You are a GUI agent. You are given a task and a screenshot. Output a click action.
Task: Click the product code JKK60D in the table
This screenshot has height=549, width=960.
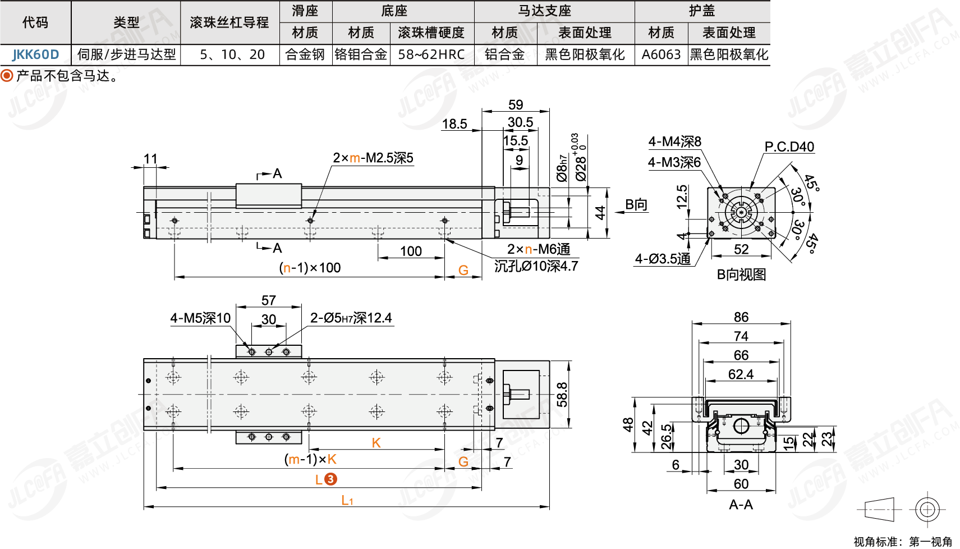tap(35, 54)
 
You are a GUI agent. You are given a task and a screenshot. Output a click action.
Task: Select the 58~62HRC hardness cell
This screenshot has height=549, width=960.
tap(431, 54)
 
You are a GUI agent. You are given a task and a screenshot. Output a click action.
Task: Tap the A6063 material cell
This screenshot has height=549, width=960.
tap(661, 54)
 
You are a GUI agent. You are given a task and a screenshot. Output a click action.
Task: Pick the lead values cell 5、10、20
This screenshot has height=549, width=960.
tap(232, 54)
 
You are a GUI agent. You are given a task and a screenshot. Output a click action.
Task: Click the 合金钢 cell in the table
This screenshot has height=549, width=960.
tap(305, 54)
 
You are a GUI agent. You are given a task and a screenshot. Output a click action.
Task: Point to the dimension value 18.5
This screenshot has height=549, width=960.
tap(454, 124)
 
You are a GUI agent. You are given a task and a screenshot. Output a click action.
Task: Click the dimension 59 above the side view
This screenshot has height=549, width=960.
tap(516, 105)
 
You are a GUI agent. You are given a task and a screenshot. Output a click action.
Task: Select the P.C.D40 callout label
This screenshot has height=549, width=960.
tap(789, 147)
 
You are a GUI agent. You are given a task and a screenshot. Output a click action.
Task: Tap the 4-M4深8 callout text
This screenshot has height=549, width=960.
tap(674, 141)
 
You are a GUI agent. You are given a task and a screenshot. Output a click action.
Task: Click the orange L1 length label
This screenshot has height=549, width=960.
tap(347, 500)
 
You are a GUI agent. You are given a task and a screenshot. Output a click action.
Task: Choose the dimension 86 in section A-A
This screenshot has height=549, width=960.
tap(741, 317)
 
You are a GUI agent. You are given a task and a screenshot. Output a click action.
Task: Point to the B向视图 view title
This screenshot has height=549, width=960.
tap(741, 274)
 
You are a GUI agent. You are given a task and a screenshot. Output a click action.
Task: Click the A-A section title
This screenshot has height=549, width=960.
tap(741, 505)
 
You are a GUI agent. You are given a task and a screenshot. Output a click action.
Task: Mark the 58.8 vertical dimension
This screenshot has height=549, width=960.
tap(562, 395)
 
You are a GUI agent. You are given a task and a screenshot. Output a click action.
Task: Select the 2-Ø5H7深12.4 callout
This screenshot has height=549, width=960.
tap(351, 318)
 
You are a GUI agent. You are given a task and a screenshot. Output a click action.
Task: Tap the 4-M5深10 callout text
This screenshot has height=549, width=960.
tap(200, 318)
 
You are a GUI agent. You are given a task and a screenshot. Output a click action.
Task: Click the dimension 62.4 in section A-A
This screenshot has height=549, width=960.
tap(741, 374)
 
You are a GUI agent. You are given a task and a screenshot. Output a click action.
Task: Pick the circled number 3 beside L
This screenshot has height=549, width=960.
tap(331, 479)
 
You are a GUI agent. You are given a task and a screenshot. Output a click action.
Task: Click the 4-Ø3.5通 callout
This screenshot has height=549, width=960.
tap(663, 259)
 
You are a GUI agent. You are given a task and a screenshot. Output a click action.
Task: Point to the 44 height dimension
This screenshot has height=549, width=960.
tap(600, 213)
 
